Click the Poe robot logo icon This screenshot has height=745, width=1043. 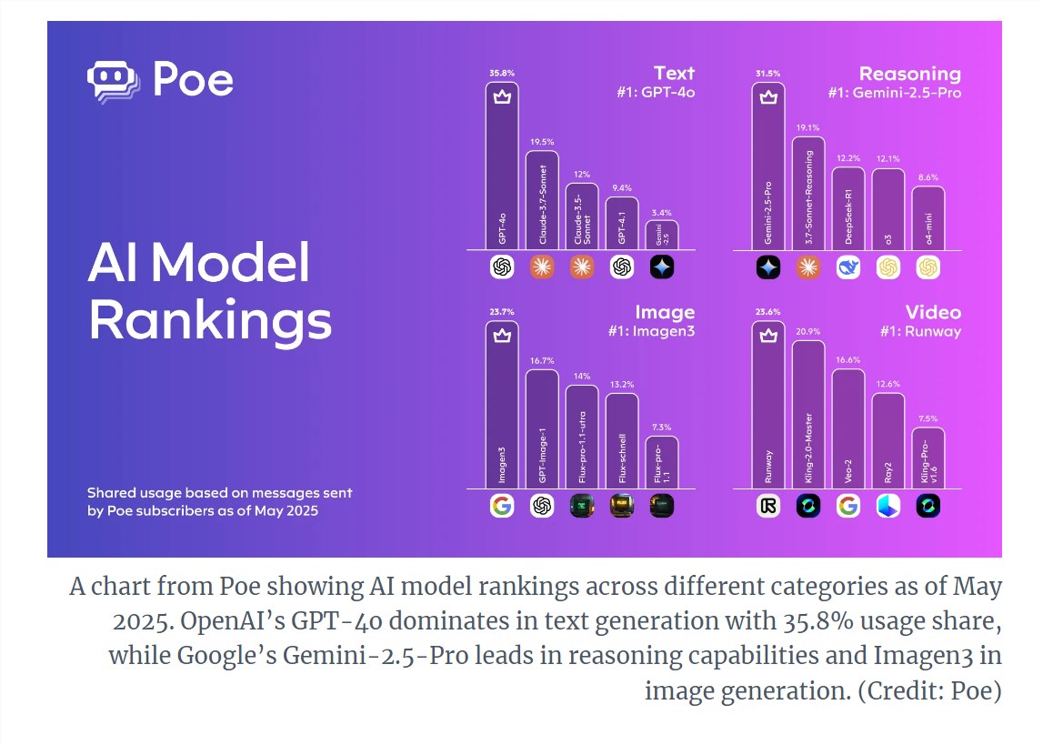coord(114,81)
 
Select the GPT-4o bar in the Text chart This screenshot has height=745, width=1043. coord(502,168)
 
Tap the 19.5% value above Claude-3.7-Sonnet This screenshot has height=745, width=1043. coord(541,143)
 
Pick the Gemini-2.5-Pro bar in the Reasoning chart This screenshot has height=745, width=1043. coord(768,168)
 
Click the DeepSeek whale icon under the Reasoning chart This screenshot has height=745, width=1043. coord(848,267)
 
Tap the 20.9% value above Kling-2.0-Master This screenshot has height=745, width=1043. coord(808,331)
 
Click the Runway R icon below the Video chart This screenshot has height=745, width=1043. coord(768,506)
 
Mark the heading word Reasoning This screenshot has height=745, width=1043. coord(909,74)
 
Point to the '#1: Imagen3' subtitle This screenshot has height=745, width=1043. coord(651,332)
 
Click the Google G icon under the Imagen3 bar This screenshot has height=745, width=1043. coord(502,506)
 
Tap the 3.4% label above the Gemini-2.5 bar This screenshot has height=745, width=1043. coord(662,212)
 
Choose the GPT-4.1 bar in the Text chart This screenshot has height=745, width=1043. coord(622,224)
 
